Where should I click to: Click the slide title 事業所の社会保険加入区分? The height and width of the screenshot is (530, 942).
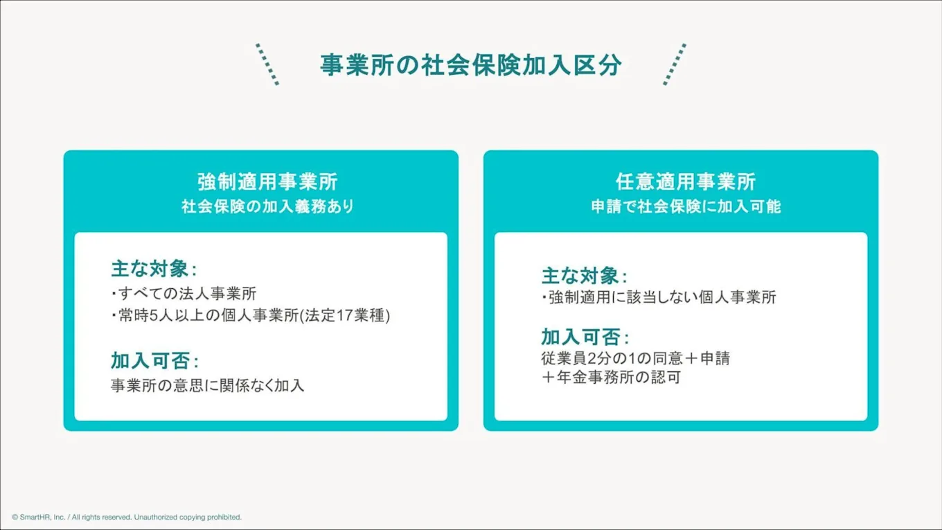[470, 65]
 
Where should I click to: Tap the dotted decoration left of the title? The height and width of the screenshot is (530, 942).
[267, 64]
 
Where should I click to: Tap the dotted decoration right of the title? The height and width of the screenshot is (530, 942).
[674, 64]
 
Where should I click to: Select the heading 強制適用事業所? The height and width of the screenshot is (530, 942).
[267, 182]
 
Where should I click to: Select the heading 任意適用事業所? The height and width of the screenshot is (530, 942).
[686, 182]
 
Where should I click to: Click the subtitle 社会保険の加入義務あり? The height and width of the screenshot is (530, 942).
[267, 206]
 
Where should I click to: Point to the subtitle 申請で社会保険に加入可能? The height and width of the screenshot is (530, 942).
[686, 206]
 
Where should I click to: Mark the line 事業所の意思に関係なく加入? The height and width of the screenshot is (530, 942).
[207, 385]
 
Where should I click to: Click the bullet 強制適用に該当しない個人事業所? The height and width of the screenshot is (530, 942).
[659, 298]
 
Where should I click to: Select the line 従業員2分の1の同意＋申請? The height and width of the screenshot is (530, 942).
[636, 359]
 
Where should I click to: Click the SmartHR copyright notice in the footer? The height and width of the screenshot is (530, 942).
[127, 517]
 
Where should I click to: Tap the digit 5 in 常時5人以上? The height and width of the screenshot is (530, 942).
[154, 316]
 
